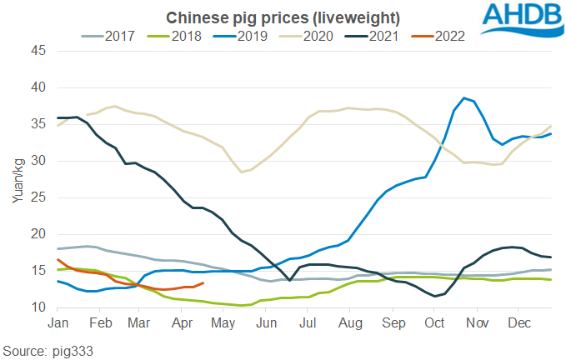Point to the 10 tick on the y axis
38,307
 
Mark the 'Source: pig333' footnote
48,350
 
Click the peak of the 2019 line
464,97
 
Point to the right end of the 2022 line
204,282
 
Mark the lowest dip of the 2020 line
242,172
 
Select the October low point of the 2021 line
434,296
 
